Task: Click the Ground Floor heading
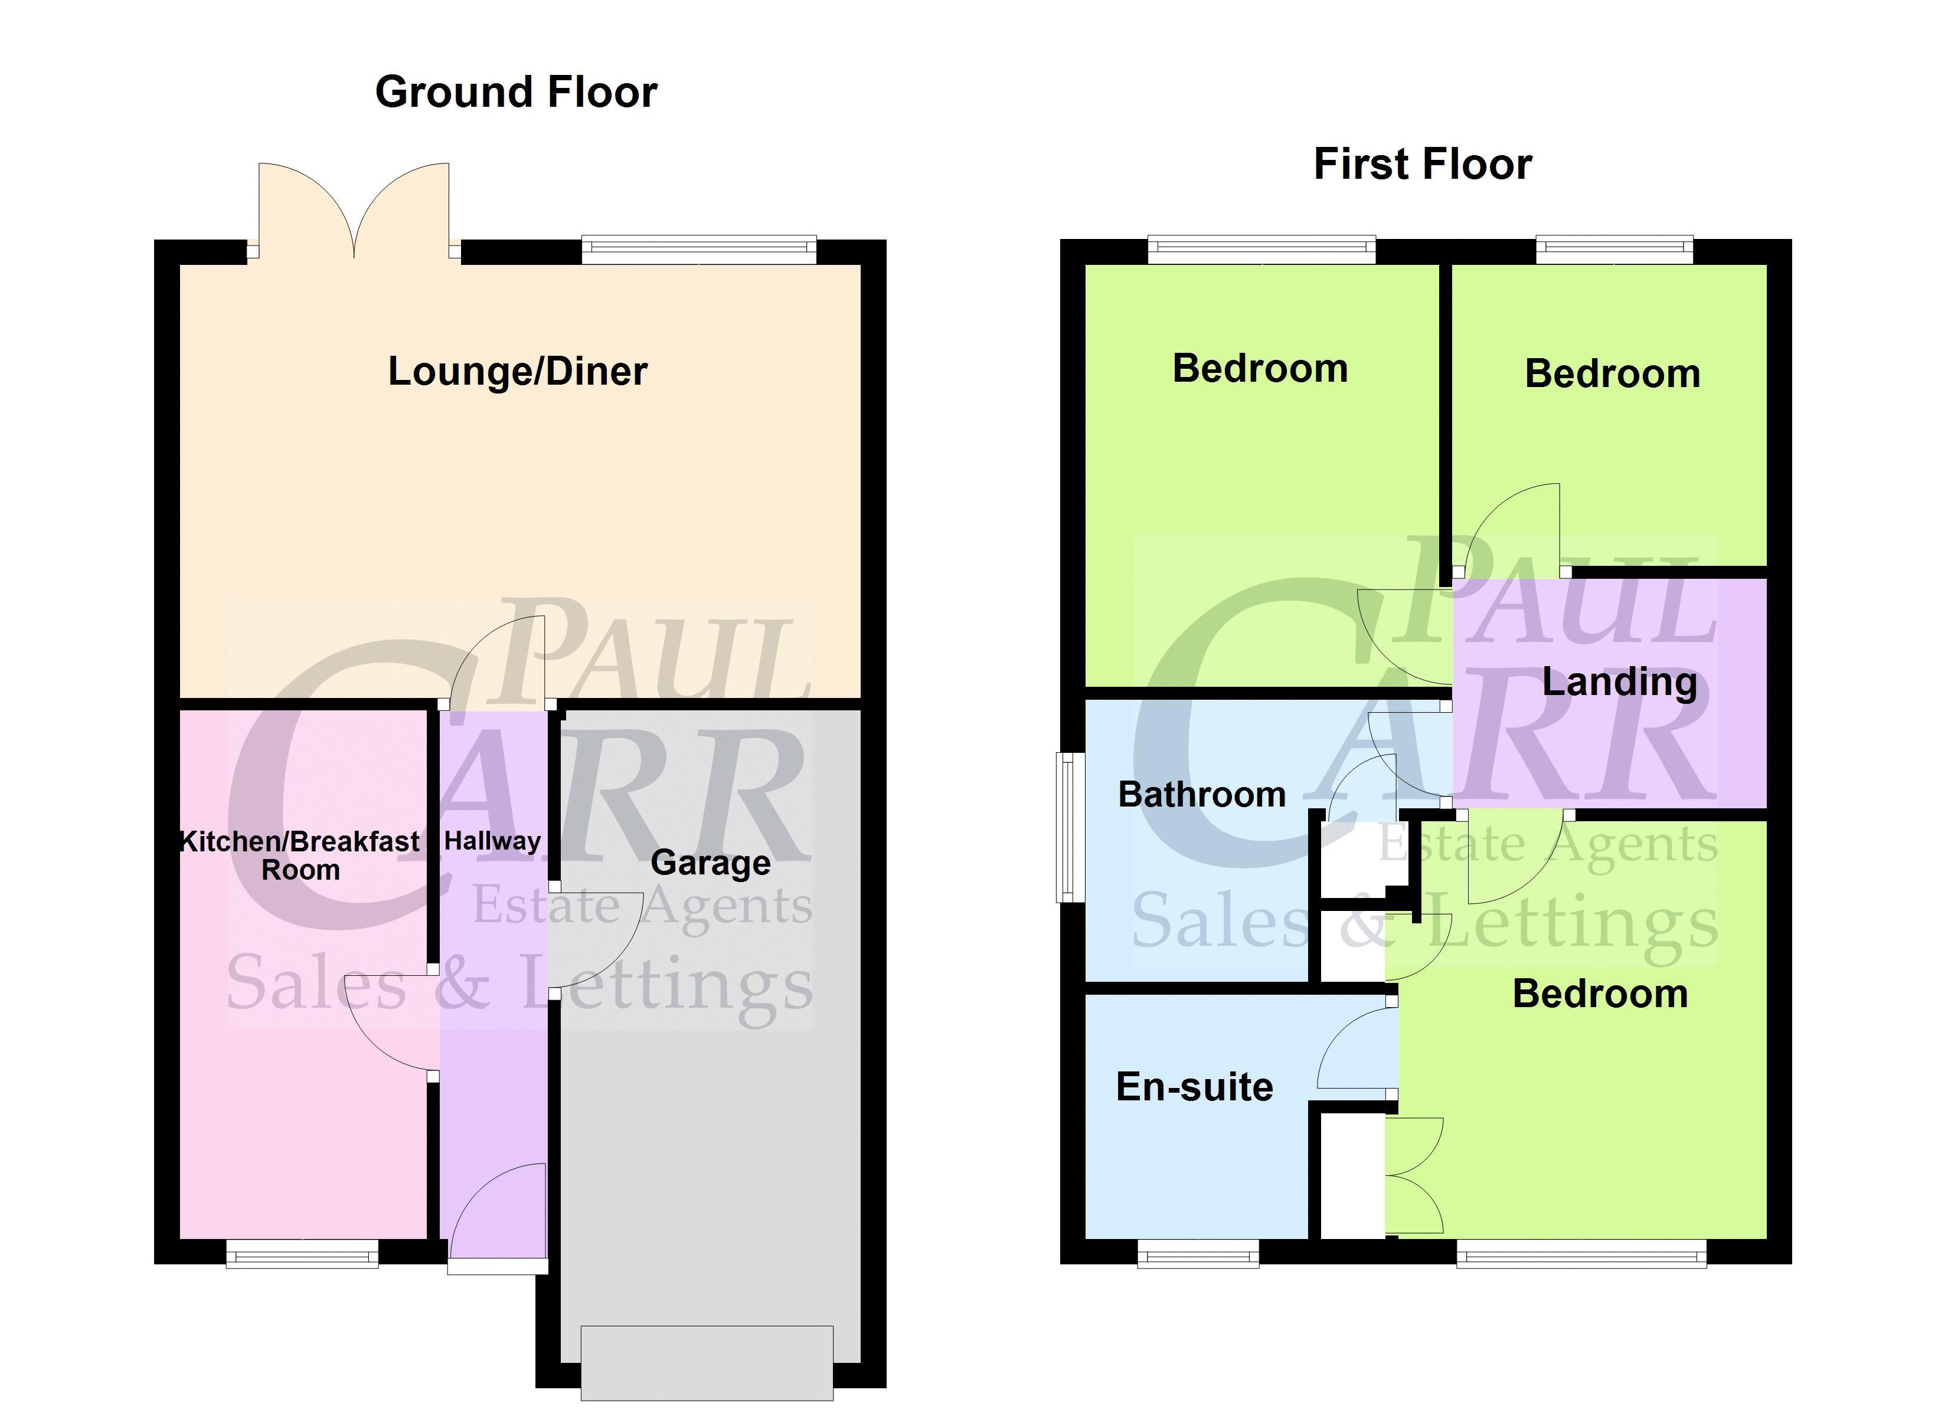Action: pyautogui.click(x=516, y=93)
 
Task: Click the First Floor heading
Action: pyautogui.click(x=1423, y=164)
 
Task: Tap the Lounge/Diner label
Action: pyautogui.click(x=517, y=372)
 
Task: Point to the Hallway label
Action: pyautogui.click(x=492, y=841)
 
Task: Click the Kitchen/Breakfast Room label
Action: pyautogui.click(x=300, y=855)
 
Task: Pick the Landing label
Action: pyautogui.click(x=1619, y=683)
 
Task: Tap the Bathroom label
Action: pyautogui.click(x=1202, y=794)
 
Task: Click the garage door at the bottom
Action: pyautogui.click(x=707, y=1363)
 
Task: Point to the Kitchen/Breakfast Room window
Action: pyautogui.click(x=302, y=1253)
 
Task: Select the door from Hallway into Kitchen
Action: pyautogui.click(x=393, y=1022)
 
